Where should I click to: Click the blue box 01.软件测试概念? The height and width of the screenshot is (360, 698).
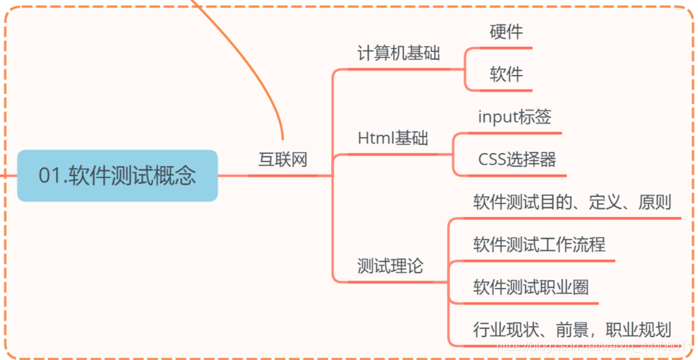(x=117, y=175)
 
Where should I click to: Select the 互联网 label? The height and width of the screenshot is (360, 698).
(x=283, y=159)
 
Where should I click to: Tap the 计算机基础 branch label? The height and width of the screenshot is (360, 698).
(x=399, y=53)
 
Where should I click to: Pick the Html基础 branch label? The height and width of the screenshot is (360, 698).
(x=393, y=138)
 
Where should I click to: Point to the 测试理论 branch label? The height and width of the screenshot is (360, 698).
(x=390, y=266)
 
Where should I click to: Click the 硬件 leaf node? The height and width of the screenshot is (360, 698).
(x=506, y=32)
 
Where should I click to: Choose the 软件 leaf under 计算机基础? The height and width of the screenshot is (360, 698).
(x=506, y=74)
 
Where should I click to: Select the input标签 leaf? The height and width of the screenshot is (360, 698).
(x=515, y=117)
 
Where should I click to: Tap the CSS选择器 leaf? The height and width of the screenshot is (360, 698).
(x=517, y=159)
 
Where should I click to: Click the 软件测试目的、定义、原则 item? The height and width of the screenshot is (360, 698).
(x=573, y=201)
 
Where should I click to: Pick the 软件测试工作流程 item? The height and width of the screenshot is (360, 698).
(x=539, y=245)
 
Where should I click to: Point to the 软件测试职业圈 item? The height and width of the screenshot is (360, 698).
(x=531, y=287)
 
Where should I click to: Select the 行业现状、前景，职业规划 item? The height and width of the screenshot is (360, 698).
(x=573, y=330)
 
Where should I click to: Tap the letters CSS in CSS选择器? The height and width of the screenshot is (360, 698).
(x=491, y=159)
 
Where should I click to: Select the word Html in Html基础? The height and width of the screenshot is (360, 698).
(x=374, y=138)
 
